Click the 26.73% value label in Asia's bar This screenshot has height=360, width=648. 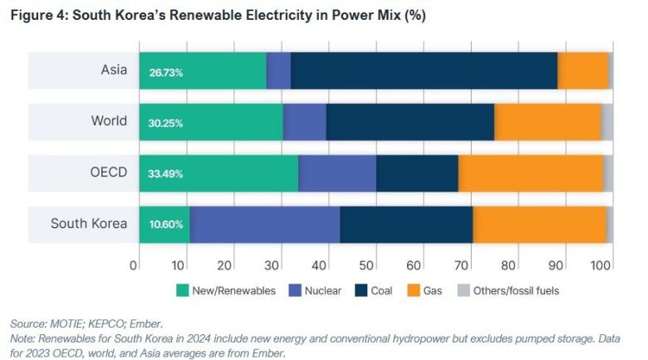166,72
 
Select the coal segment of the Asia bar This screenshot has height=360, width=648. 424,71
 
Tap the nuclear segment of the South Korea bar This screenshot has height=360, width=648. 264,224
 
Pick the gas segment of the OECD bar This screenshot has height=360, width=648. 530,173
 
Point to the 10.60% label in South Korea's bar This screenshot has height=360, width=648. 166,224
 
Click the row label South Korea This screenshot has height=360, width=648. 89,224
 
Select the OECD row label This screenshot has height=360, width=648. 109,173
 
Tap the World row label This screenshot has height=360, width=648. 109,121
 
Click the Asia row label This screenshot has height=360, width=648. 114,71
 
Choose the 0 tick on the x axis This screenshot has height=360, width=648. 134,265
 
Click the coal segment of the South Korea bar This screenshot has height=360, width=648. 405,224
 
